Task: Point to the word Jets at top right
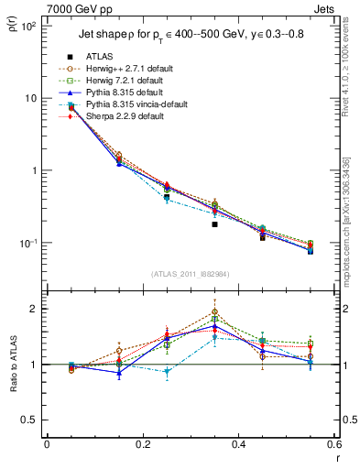pos(327,8)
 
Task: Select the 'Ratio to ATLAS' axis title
pos(12,364)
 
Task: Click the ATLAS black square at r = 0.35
pos(214,224)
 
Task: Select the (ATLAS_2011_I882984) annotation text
pos(191,275)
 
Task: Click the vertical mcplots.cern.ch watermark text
pos(346,229)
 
